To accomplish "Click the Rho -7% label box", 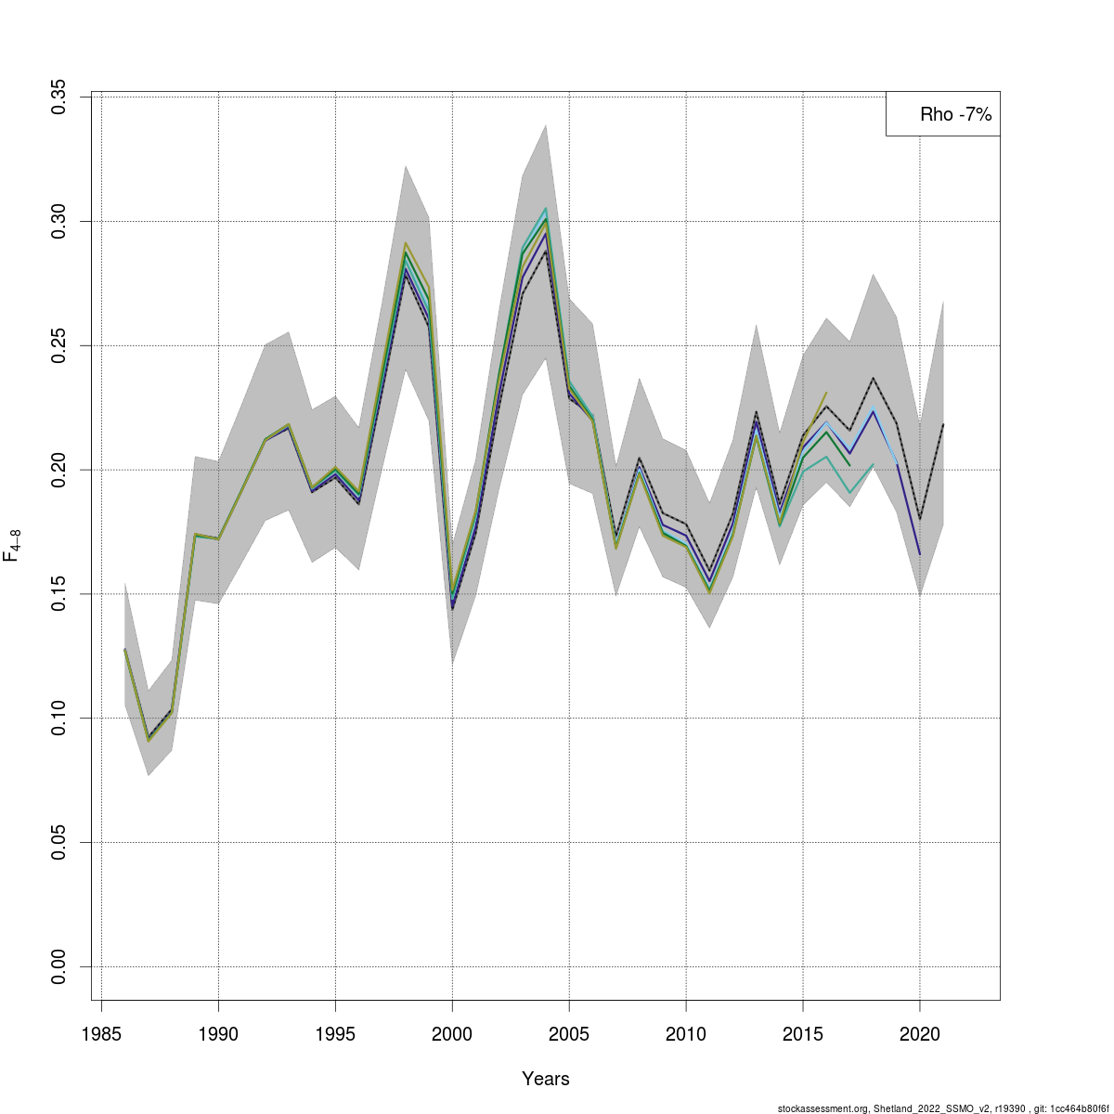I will click(x=943, y=114).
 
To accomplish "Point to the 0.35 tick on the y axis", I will click(x=58, y=97).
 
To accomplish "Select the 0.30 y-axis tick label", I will click(x=58, y=221).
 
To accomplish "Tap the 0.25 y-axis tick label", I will click(x=58, y=345).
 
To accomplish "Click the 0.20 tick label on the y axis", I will click(x=58, y=470).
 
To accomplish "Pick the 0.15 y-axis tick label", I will click(x=58, y=594).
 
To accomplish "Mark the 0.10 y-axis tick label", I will click(x=58, y=719).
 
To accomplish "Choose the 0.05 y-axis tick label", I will click(x=58, y=843).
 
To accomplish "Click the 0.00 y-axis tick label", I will click(x=58, y=966).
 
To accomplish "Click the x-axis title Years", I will click(x=546, y=1079).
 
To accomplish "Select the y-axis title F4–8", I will click(x=12, y=546).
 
